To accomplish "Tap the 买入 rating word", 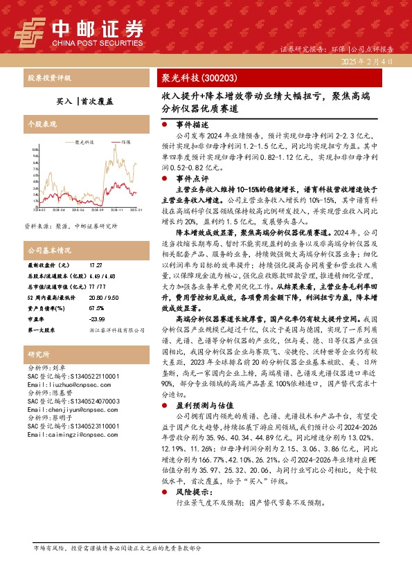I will coord(64,100).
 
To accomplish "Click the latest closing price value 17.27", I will coord(96,265).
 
